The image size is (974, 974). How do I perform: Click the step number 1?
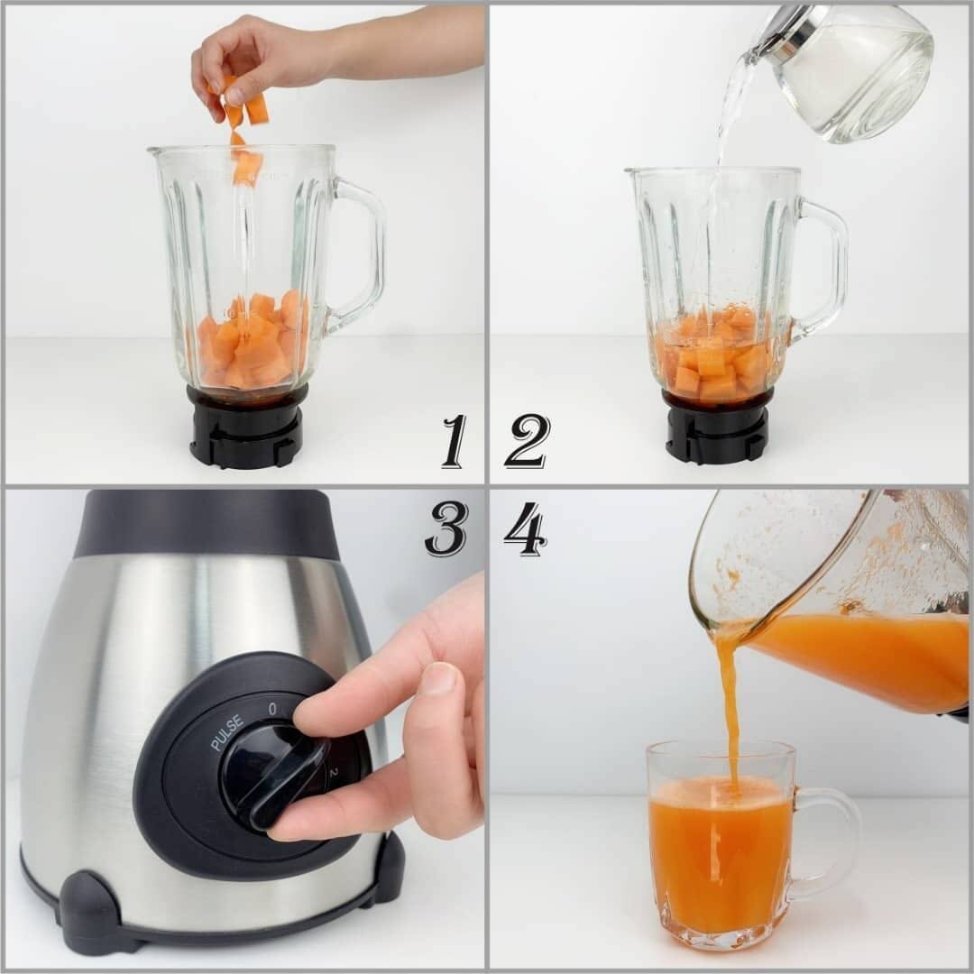coord(455,441)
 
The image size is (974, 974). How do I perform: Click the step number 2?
coord(527,441)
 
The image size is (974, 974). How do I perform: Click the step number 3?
coord(446,528)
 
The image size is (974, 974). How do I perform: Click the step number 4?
coord(525,528)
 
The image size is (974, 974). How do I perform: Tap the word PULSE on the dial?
coord(227,732)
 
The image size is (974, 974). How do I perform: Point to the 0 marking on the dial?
coord(272,709)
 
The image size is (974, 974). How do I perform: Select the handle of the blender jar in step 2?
coord(825,271)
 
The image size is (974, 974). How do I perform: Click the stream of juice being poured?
coord(729,703)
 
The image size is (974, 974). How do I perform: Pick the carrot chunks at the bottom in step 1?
coord(253,343)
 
